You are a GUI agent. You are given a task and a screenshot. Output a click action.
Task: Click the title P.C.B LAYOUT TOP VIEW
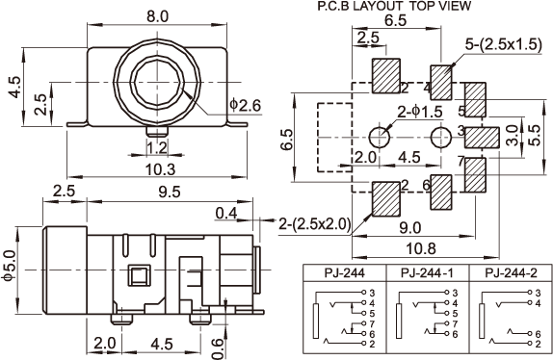coord(394,6)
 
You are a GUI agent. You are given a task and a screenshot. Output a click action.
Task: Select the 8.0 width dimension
coord(158,16)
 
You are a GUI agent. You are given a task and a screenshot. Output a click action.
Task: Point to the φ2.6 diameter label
coord(245,105)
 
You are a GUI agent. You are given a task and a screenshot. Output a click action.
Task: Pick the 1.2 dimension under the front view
coord(157,148)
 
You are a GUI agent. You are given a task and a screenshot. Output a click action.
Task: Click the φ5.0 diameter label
coord(9,266)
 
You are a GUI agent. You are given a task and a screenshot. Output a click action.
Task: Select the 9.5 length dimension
coord(170,192)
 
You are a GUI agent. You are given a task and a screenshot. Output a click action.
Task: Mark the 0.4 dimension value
coord(225,213)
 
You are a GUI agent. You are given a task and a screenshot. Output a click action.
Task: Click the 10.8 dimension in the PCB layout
coord(421,248)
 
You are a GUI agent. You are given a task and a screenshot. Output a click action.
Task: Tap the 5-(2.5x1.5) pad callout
coord(503,44)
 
